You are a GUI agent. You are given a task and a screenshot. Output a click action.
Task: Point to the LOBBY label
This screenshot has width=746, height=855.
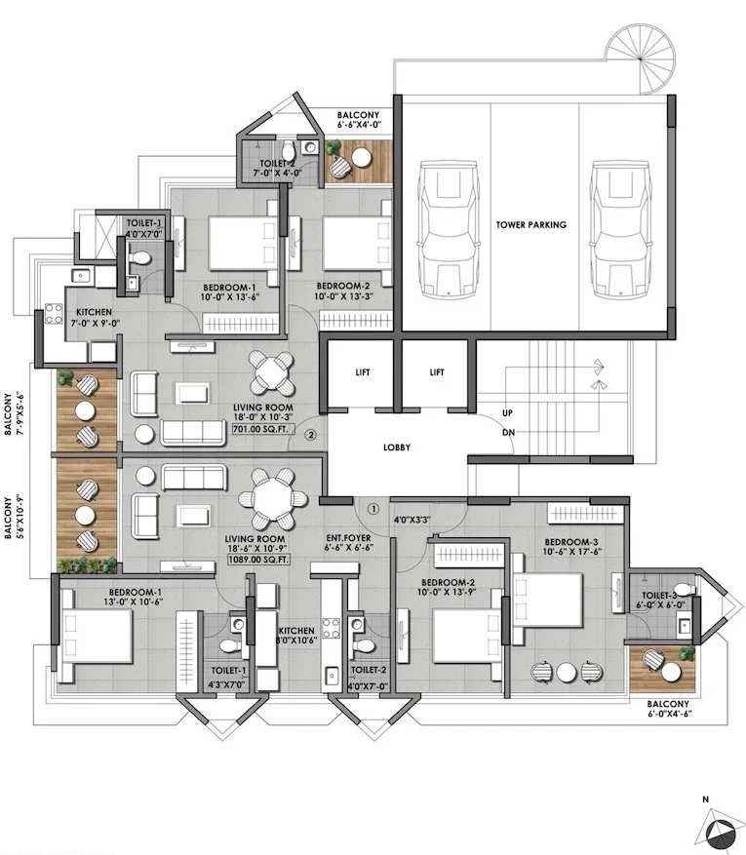tap(397, 447)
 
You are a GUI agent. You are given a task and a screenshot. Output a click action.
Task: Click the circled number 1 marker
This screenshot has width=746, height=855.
tap(373, 507)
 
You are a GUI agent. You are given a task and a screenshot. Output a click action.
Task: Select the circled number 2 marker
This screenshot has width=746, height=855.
tap(311, 436)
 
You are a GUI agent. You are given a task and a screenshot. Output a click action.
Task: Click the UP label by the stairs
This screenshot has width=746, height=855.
tap(507, 413)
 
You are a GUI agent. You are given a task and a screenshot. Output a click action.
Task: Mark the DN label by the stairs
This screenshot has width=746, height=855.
tap(507, 432)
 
